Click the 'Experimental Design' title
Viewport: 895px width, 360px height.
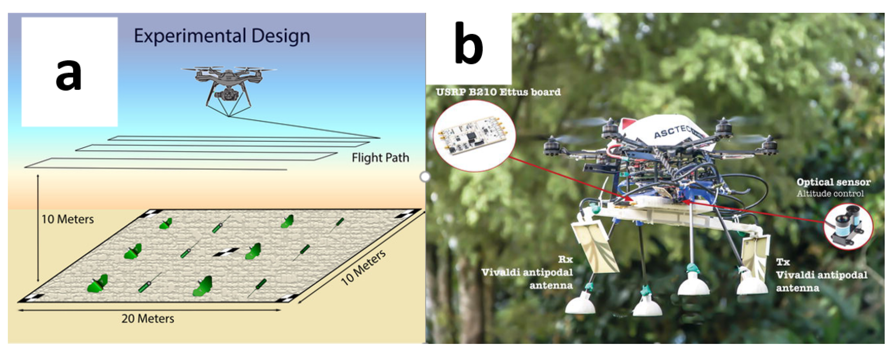point(222,36)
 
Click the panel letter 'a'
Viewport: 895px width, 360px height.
point(68,74)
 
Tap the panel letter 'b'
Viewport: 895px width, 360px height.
point(468,45)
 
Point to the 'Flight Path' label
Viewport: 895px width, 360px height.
point(380,158)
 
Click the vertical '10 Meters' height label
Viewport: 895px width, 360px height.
point(68,219)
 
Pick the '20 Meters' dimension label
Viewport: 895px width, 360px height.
point(148,319)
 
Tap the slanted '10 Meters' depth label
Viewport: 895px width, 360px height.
point(363,267)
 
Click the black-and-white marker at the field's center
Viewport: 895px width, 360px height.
point(226,252)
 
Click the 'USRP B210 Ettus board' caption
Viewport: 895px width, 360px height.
point(498,92)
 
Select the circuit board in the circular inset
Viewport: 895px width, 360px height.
point(474,136)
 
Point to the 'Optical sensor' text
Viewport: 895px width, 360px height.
point(833,182)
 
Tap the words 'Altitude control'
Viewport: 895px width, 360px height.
point(830,194)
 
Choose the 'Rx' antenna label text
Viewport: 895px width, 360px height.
point(565,259)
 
